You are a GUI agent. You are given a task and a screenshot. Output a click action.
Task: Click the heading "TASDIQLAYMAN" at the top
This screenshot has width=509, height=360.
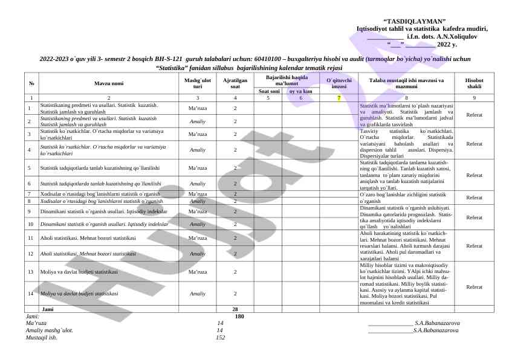(423, 21)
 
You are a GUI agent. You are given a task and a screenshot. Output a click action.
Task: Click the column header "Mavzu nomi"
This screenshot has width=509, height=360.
(109, 82)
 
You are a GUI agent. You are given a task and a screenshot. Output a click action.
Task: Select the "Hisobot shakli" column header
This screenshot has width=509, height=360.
(474, 83)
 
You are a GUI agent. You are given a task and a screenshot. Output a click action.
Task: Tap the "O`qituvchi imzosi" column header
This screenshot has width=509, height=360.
(339, 83)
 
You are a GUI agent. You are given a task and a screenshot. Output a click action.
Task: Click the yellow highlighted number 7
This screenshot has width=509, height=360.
(339, 97)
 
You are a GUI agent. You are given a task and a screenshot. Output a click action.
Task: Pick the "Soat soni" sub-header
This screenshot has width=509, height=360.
(268, 91)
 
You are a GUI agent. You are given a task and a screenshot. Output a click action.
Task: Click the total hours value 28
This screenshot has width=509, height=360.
(235, 309)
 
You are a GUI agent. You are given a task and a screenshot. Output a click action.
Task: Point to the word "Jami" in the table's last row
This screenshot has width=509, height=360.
(47, 309)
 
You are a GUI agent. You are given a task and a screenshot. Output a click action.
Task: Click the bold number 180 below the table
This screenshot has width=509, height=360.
(239, 316)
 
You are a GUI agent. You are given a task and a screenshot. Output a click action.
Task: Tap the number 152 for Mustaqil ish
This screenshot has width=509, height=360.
(220, 338)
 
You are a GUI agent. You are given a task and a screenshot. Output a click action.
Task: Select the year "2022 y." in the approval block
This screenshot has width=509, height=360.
(447, 44)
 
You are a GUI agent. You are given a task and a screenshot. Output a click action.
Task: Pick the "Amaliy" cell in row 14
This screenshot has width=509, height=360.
(197, 294)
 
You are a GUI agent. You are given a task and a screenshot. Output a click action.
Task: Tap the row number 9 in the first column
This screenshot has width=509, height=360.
(28, 211)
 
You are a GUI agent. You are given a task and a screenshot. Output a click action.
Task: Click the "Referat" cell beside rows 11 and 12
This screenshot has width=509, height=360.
(474, 246)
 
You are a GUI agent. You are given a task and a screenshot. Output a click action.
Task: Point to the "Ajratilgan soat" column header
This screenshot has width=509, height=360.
(235, 83)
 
